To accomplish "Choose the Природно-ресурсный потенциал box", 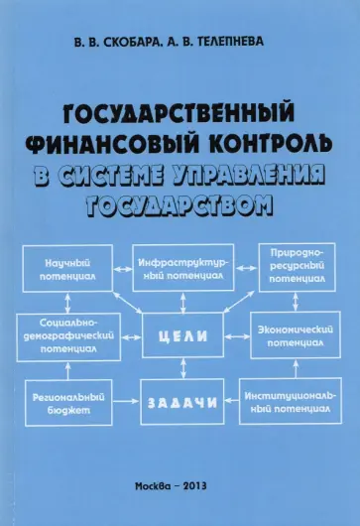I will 293,268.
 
